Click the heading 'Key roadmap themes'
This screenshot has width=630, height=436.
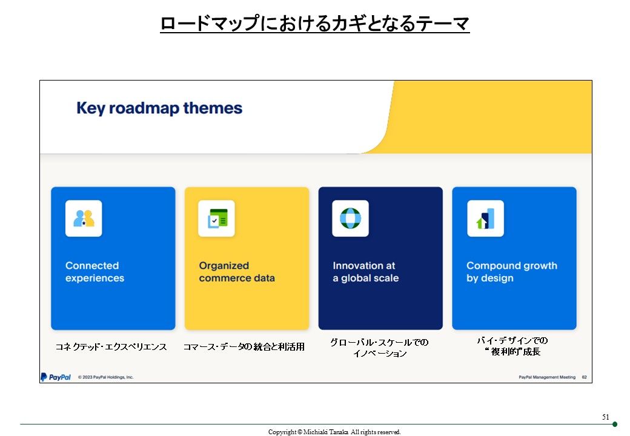(x=159, y=108)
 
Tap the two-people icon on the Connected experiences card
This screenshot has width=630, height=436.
(x=84, y=219)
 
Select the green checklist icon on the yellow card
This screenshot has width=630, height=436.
(x=217, y=219)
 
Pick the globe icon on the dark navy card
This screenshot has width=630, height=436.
(x=350, y=219)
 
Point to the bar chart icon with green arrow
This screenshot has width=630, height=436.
(x=485, y=219)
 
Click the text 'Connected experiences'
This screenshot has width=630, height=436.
(x=95, y=272)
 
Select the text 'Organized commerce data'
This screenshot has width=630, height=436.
(x=237, y=272)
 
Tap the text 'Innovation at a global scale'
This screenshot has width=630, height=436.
(x=366, y=272)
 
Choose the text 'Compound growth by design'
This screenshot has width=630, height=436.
(x=512, y=272)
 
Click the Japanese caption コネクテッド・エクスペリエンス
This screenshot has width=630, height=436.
(x=111, y=347)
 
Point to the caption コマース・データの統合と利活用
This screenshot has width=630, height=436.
(x=244, y=347)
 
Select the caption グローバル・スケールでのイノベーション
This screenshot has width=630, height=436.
(x=379, y=348)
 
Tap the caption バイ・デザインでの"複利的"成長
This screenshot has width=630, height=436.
(x=512, y=346)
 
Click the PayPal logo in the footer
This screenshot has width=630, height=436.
(x=56, y=377)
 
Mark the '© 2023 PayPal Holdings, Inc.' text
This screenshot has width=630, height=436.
(x=105, y=377)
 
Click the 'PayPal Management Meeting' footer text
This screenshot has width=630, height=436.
(x=547, y=377)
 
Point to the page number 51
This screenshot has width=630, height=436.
(x=606, y=417)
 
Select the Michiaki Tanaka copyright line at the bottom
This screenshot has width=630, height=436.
(x=334, y=432)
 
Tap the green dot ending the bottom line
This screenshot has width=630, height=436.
(x=615, y=424)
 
